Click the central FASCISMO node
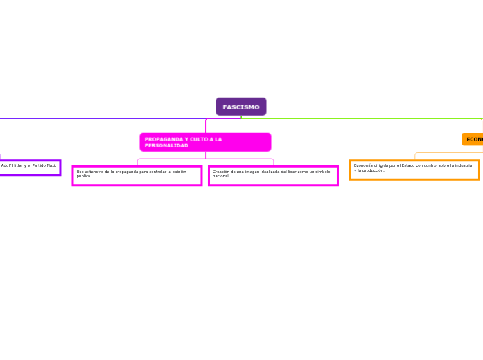point(241,107)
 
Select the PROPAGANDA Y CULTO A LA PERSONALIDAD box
point(205,142)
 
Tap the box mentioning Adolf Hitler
point(30,167)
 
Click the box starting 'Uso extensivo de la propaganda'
point(137,175)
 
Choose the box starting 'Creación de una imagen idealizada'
point(273,175)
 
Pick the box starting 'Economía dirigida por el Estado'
point(414,170)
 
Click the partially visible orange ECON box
point(473,139)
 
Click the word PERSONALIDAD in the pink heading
point(166,145)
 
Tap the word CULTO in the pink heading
point(196,139)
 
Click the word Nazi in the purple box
point(51,166)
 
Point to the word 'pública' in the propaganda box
point(84,176)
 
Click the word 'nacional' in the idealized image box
point(221,176)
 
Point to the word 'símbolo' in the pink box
point(323,172)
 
